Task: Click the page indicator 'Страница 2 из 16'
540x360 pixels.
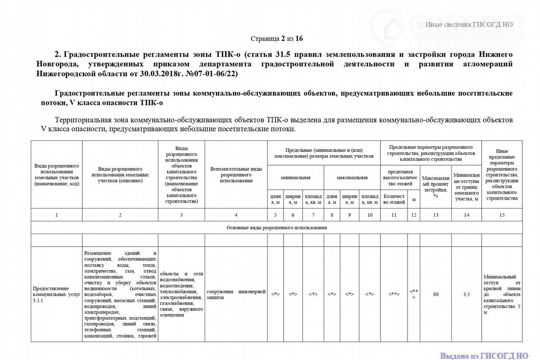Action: click(x=277, y=39)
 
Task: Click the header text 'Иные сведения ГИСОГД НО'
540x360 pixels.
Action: click(x=469, y=24)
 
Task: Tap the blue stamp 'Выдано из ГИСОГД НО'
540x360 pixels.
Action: click(x=484, y=356)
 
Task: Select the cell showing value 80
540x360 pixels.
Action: click(x=435, y=294)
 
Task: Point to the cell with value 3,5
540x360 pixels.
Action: click(x=466, y=294)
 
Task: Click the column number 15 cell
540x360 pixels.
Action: click(x=502, y=215)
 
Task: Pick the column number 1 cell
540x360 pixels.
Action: click(x=57, y=215)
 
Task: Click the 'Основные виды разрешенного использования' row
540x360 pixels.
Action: click(x=277, y=228)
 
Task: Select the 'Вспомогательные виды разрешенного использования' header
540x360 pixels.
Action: click(x=236, y=175)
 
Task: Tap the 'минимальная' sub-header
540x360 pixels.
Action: click(x=295, y=177)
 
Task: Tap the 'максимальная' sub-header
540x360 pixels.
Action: click(x=352, y=177)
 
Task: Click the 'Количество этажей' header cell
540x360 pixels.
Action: click(x=394, y=199)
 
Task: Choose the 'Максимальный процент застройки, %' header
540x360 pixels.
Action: click(x=435, y=187)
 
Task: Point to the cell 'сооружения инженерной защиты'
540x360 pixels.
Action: click(x=236, y=294)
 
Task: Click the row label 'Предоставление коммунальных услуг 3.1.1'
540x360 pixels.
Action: click(x=57, y=294)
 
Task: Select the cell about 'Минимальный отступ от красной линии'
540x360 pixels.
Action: click(x=502, y=294)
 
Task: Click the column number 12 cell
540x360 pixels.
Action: click(x=413, y=215)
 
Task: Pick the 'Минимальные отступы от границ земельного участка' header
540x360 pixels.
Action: click(x=466, y=187)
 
